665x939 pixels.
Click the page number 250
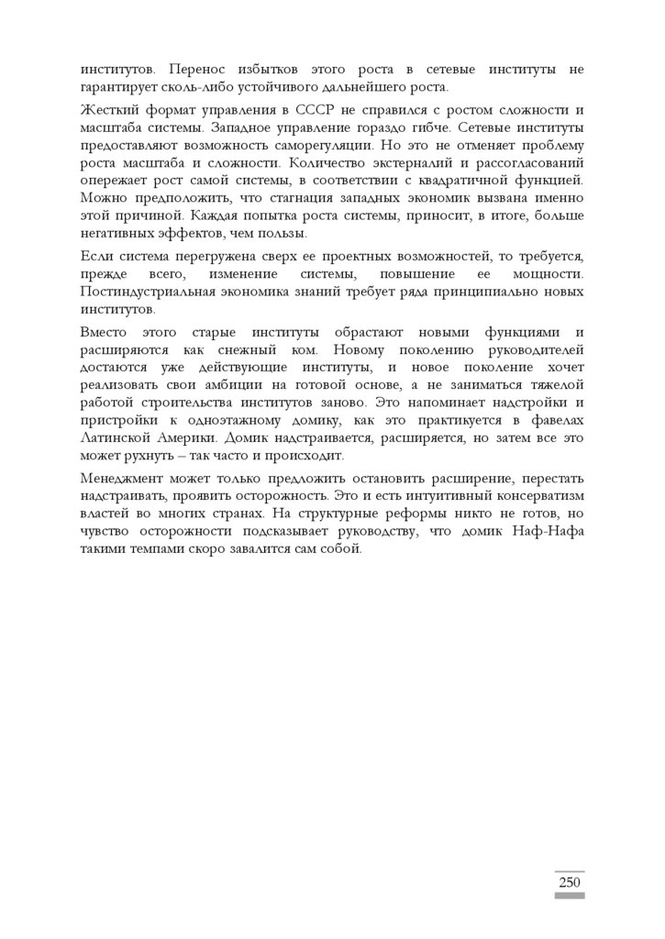tap(569, 882)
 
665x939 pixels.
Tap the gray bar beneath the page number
tap(569, 896)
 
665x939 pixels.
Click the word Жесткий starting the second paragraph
tap(106, 110)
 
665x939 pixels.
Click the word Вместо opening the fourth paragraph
tap(105, 333)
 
